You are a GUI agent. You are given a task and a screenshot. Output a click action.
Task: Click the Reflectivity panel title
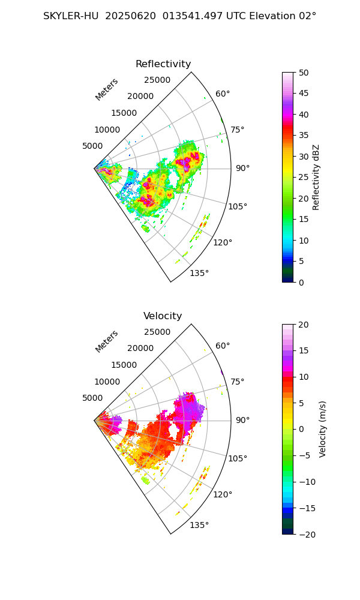tap(163, 64)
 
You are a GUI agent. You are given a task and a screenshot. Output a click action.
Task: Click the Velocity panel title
tap(163, 316)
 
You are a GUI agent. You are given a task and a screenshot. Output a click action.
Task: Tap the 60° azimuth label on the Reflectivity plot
tap(223, 94)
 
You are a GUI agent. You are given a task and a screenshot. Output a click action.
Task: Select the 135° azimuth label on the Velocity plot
tap(199, 525)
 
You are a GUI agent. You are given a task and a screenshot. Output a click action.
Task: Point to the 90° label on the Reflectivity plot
tap(242, 168)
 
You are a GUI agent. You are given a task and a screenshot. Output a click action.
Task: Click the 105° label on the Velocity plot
tap(238, 458)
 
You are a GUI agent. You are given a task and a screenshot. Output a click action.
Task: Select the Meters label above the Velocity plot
tap(107, 341)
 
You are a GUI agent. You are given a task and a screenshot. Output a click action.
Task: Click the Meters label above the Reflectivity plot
tap(107, 89)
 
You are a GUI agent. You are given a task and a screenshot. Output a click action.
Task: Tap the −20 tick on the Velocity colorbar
tap(307, 534)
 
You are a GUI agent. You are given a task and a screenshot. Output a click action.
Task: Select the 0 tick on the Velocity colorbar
tap(302, 429)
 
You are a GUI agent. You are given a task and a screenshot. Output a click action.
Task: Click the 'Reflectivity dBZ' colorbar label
tap(316, 177)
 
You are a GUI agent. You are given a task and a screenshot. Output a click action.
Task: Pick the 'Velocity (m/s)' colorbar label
tap(323, 429)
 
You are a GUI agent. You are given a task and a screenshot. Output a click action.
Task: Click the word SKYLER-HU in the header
tap(71, 16)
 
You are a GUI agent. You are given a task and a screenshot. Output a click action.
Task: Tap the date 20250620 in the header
tap(128, 16)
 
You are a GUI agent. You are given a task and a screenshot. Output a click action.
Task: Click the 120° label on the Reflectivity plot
tap(223, 242)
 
